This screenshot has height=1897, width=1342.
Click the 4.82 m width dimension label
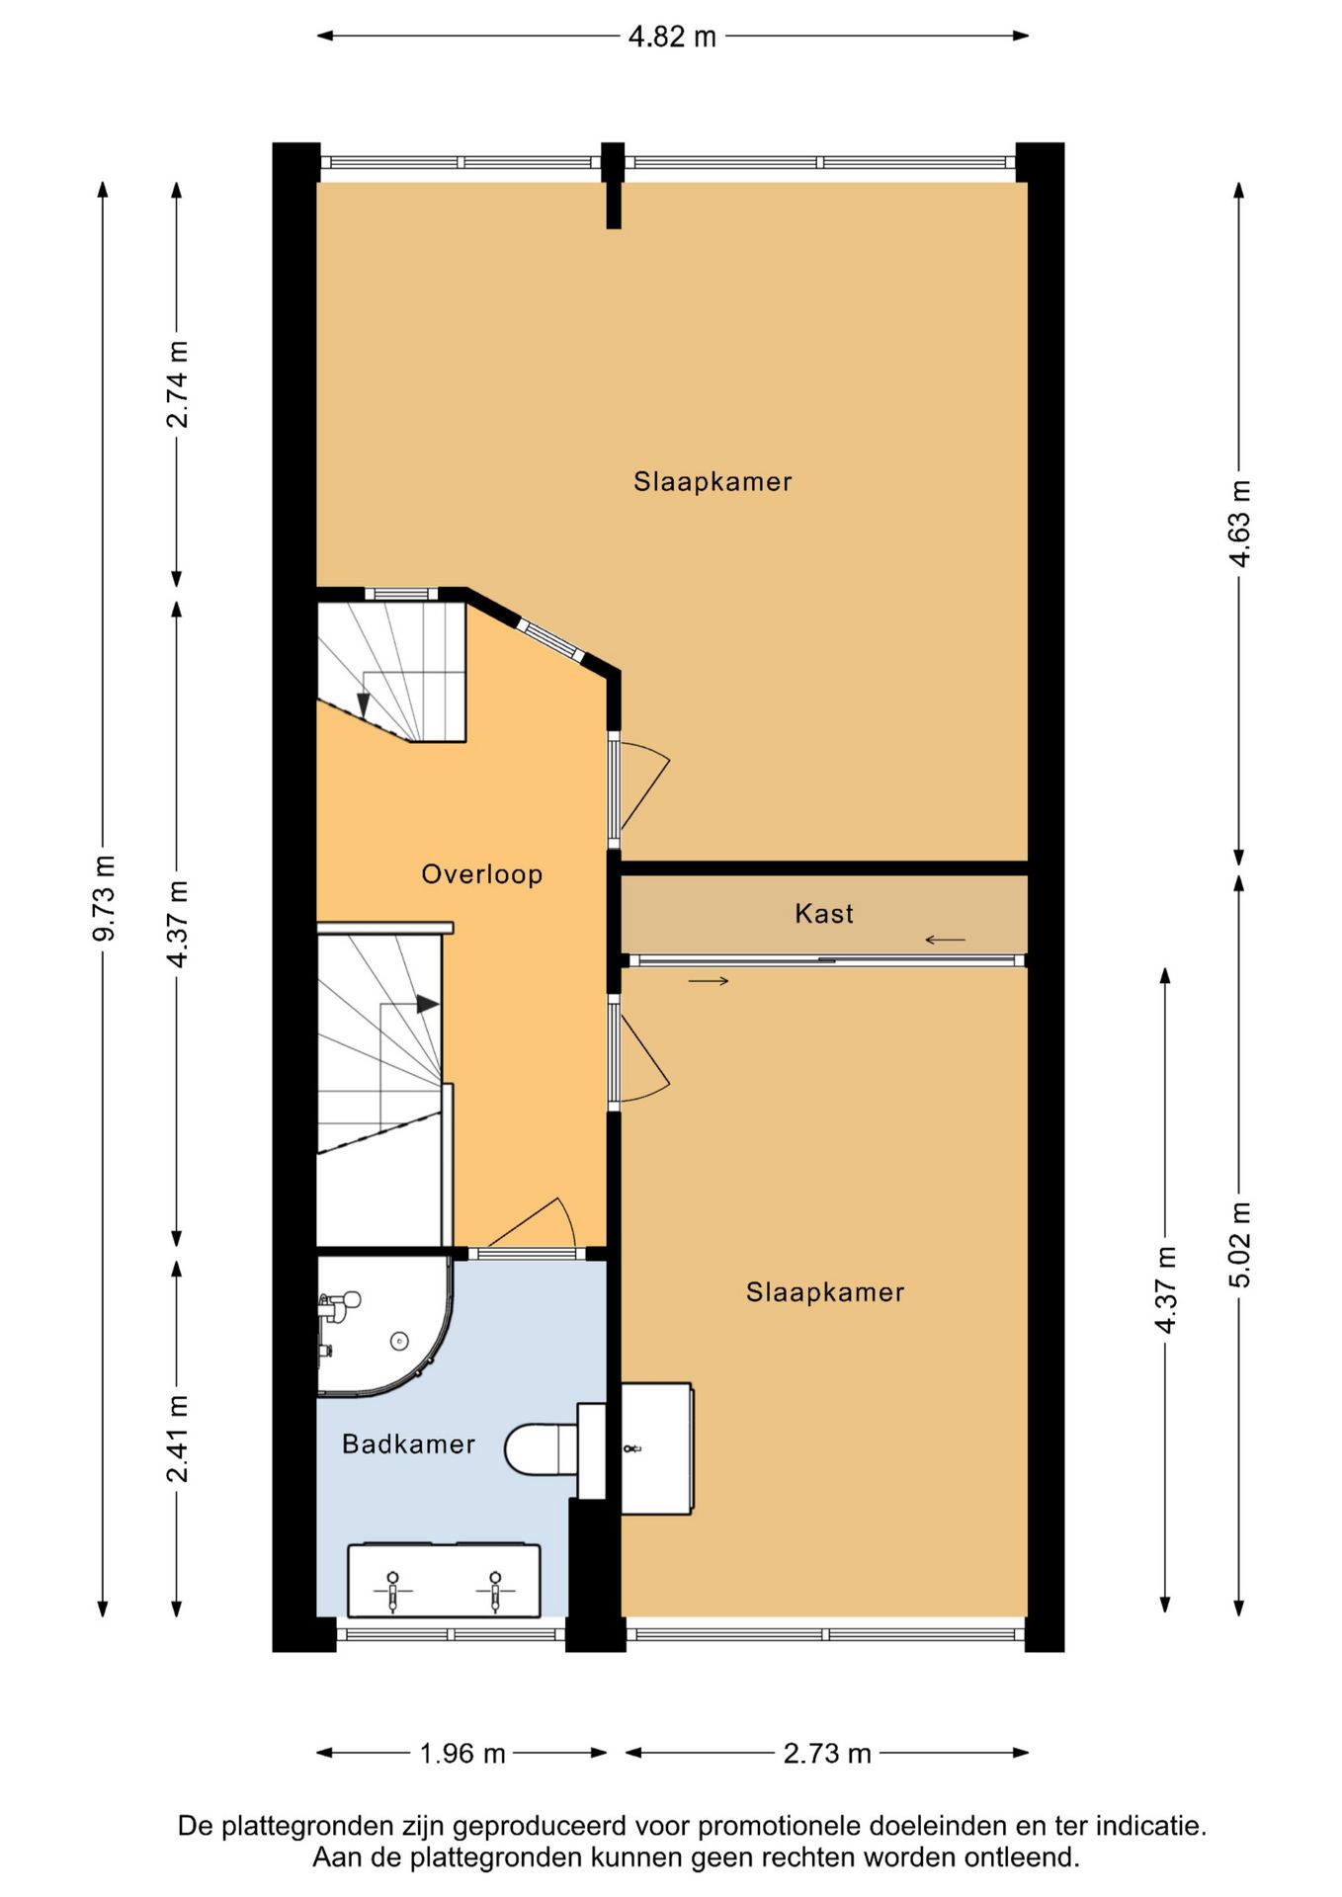(672, 37)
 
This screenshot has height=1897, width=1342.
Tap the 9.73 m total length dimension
(104, 898)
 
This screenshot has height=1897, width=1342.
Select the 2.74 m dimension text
(178, 384)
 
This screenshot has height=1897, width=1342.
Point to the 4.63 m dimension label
(1239, 523)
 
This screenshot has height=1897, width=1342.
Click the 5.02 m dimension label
(1239, 1244)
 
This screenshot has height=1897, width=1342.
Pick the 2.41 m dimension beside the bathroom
(178, 1439)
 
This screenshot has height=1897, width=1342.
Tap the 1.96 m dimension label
(462, 1753)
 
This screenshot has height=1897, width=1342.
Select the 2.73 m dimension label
(827, 1753)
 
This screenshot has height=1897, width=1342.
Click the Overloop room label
(482, 874)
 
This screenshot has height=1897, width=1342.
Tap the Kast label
(824, 913)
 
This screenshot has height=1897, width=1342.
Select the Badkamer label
(409, 1443)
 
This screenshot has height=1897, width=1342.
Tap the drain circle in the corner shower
(399, 1341)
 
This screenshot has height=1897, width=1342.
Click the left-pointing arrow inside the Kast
(946, 940)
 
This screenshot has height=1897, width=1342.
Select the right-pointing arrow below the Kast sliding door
(709, 981)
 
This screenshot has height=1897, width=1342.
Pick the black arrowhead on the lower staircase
(427, 1004)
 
